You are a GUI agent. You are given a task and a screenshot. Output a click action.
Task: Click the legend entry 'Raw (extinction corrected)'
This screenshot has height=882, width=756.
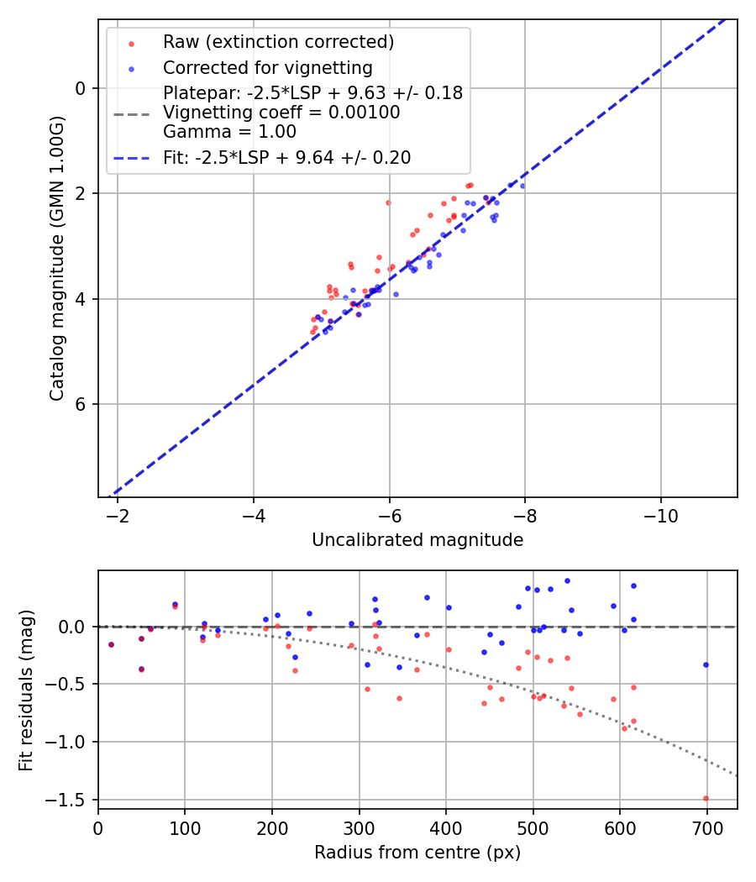[278, 42]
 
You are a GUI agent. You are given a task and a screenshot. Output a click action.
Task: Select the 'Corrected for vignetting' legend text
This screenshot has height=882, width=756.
[267, 67]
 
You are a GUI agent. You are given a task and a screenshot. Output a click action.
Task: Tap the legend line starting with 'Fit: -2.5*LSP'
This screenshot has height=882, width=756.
[286, 157]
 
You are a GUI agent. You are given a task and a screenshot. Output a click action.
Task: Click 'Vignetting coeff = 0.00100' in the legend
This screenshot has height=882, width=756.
[281, 113]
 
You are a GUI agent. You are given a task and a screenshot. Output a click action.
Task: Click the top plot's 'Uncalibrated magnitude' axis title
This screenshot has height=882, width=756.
[417, 540]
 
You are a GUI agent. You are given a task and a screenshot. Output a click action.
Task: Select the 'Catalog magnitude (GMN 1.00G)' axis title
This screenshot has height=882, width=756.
[56, 259]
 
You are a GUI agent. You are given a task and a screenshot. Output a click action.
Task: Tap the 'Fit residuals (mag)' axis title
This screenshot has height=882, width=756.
[26, 690]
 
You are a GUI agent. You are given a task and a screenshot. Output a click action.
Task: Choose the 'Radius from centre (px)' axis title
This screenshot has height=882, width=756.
[417, 853]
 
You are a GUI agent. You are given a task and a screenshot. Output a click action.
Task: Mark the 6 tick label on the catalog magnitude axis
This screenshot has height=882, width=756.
[81, 404]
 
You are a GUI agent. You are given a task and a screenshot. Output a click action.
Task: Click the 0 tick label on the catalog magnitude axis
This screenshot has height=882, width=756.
[81, 88]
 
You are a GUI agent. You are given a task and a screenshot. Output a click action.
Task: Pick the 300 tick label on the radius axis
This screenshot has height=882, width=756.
[360, 827]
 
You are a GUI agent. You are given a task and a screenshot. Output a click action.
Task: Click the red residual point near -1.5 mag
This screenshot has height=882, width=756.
[706, 798]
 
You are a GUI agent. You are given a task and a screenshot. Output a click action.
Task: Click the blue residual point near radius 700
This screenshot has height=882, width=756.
[706, 664]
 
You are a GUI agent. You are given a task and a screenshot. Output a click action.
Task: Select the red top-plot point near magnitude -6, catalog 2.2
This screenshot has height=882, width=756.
[388, 202]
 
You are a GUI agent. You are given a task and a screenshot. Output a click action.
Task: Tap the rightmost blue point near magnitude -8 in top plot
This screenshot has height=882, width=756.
[522, 186]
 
